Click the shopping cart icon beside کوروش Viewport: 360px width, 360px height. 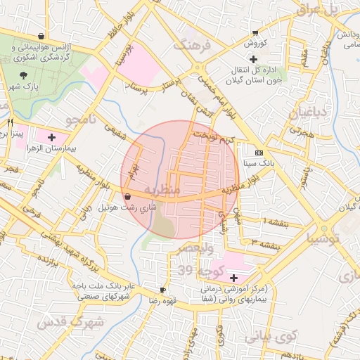point(255,33)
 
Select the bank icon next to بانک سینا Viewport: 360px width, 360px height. point(259,153)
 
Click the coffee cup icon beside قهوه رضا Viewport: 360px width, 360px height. point(163,290)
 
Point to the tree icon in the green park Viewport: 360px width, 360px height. point(24,73)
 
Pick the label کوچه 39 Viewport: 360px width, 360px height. point(194,271)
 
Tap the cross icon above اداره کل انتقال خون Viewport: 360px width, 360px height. point(253,58)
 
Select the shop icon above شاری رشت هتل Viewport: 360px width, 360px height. point(127,197)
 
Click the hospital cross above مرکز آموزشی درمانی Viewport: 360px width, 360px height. point(233,278)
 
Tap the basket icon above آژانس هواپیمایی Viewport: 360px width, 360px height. point(41,35)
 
